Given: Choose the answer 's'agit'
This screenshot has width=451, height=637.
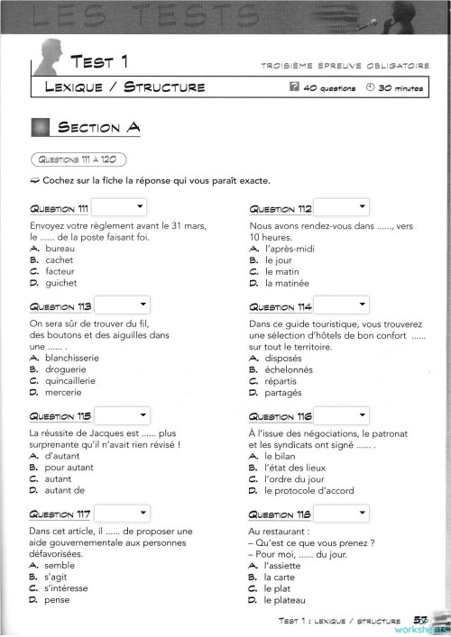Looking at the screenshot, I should point(57,576).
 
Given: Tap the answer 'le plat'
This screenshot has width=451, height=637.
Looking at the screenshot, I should point(280,588).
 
